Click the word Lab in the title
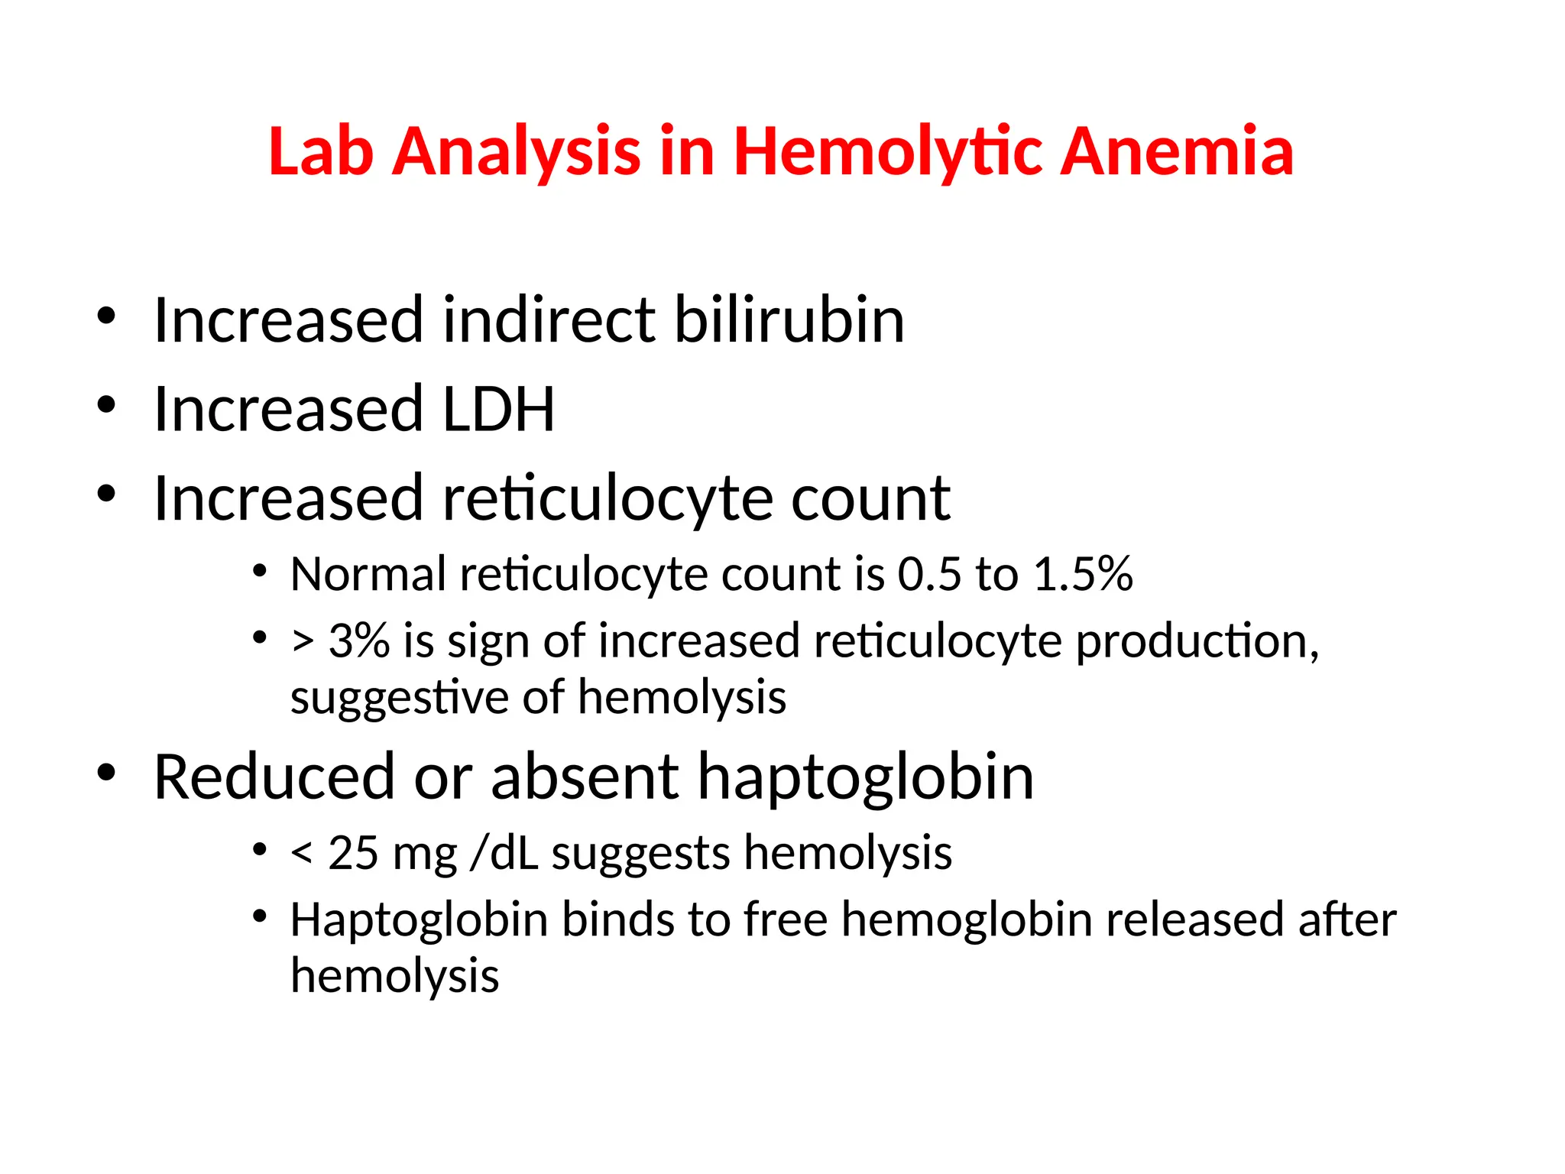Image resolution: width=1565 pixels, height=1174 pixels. pos(321,151)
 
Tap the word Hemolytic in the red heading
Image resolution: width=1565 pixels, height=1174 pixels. pos(887,151)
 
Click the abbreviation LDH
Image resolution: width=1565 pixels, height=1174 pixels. pos(498,409)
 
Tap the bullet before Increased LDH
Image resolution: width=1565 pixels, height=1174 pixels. pos(106,404)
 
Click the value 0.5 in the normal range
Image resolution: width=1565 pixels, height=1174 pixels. pos(928,574)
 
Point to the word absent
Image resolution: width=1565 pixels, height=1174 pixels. pos(584,777)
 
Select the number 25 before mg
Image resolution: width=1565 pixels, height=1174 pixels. pos(353,853)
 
